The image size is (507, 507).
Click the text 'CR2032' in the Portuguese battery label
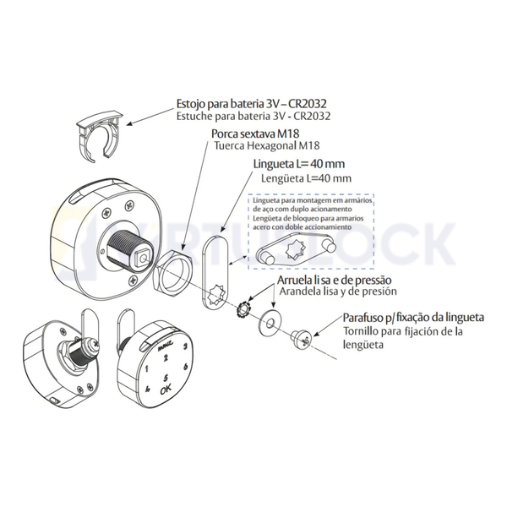306,103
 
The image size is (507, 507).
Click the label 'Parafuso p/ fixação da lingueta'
413,318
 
